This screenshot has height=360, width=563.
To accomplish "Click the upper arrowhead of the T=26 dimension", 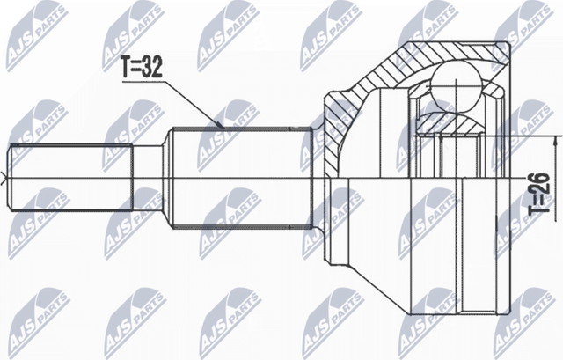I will click(x=555, y=141).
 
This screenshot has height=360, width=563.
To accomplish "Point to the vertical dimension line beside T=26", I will click(x=555, y=176).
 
